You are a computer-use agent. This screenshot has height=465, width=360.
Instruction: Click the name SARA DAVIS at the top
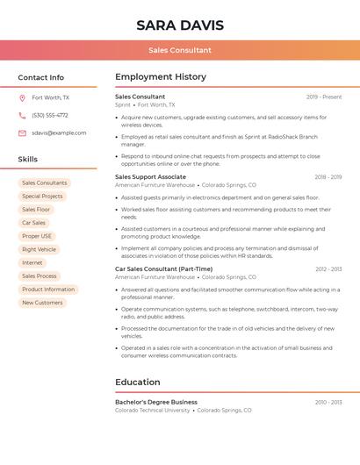(180, 25)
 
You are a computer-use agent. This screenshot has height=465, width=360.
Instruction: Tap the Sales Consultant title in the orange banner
(180, 50)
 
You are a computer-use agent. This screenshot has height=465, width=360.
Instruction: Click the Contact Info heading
(40, 77)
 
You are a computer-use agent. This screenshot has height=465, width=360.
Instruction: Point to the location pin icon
(22, 98)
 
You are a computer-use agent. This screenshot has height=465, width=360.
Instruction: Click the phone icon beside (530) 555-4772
(22, 116)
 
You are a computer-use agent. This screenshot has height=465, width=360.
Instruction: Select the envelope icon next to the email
(22, 133)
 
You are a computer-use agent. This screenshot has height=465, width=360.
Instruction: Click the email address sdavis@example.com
(59, 133)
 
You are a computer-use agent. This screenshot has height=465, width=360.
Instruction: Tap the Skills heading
(28, 160)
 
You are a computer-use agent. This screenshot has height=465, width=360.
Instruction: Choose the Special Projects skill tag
(42, 197)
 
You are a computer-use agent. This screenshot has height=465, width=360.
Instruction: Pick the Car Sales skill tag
(33, 223)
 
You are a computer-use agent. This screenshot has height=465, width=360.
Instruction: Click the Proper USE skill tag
(37, 236)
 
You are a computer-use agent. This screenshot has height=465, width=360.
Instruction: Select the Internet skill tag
(32, 263)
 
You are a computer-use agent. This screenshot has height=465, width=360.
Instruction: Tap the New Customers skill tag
(42, 303)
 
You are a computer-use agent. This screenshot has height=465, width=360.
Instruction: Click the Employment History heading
(161, 77)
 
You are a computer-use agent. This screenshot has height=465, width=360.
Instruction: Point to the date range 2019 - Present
(324, 97)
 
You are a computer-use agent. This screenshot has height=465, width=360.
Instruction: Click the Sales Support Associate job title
(150, 177)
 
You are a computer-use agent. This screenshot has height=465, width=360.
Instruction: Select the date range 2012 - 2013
(328, 269)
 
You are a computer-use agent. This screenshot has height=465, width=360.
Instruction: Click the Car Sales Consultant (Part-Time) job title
(163, 269)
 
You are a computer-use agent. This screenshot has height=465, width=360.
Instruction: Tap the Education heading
(138, 383)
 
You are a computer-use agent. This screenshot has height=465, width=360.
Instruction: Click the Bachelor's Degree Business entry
(156, 402)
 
